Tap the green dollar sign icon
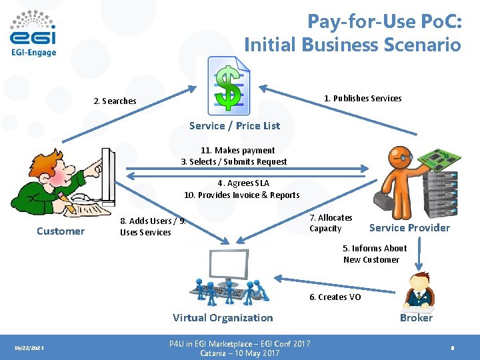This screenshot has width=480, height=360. [229, 85]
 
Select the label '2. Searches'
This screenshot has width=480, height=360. [115, 101]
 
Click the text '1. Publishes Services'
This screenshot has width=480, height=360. [363, 99]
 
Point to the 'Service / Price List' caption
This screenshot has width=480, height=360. [235, 125]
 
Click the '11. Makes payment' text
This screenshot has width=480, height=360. [237, 151]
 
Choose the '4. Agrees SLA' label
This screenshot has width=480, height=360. [243, 183]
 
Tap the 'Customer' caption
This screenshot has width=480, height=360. [61, 231]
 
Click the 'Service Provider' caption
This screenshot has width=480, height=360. [409, 228]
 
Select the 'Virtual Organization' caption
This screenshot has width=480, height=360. [223, 318]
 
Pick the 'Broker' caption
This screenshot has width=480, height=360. [416, 318]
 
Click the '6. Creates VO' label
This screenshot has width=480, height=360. [335, 297]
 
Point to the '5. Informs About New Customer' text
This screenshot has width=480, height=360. [372, 254]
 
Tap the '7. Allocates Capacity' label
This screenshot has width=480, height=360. [331, 223]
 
